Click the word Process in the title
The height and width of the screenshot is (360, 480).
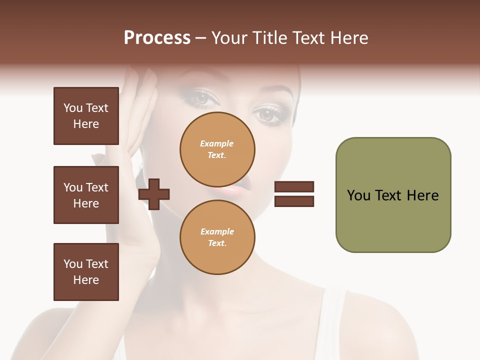(x=157, y=38)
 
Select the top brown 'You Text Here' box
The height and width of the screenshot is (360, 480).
(x=86, y=116)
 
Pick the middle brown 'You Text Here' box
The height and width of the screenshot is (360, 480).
(x=86, y=195)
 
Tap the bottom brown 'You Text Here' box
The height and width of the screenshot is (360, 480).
(x=86, y=272)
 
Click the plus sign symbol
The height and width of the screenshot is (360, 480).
(x=154, y=193)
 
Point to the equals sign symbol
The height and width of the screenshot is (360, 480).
(x=294, y=194)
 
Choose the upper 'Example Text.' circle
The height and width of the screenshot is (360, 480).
(x=217, y=149)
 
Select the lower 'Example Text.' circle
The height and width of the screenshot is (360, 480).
(x=217, y=237)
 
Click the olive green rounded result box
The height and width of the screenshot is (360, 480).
(x=393, y=195)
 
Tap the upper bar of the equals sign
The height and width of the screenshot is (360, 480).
(x=294, y=187)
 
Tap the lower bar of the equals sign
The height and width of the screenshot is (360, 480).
(x=294, y=201)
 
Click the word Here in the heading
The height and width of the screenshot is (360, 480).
(x=350, y=38)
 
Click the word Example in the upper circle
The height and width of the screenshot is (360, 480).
(x=217, y=144)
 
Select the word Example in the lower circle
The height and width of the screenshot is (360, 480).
(x=217, y=232)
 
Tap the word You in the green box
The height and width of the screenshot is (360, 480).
(x=358, y=195)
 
